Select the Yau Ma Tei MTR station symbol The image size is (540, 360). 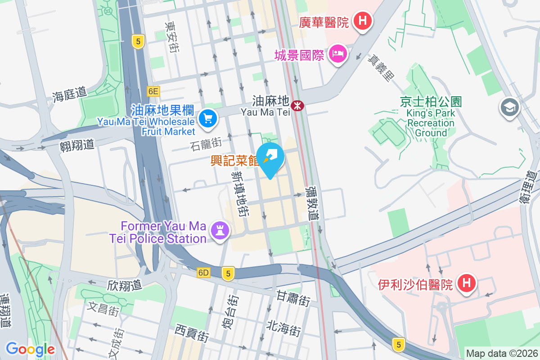(297, 106)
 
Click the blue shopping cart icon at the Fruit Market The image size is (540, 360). (207, 119)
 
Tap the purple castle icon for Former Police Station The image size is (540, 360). (220, 230)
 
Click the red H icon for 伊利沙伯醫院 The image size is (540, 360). (467, 283)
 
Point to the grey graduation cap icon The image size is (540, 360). (510, 108)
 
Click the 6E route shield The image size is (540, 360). (153, 91)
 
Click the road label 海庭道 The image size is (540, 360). (69, 94)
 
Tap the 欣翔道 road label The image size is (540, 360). (125, 285)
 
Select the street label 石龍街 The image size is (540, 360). (206, 144)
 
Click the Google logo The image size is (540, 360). (30, 349)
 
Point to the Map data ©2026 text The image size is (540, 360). (502, 353)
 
